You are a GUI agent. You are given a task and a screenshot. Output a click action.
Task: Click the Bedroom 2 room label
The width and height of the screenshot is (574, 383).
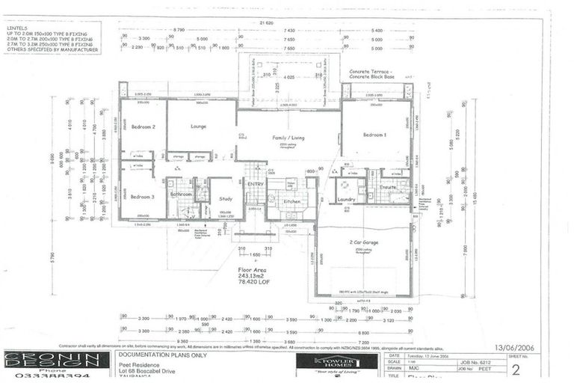pos(143,127)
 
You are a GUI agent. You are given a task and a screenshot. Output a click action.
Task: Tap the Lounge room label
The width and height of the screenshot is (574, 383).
pos(199,126)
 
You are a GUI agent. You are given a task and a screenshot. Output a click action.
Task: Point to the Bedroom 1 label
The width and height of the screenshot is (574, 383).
pos(374,135)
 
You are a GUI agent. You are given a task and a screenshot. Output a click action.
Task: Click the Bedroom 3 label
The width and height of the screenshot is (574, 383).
pos(142,197)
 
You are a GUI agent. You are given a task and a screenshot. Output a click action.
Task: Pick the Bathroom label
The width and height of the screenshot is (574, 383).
pos(181,194)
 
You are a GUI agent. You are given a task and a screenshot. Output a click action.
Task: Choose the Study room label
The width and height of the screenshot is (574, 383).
pos(226,199)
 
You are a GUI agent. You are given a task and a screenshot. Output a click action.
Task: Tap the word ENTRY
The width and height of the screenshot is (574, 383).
pos(256,183)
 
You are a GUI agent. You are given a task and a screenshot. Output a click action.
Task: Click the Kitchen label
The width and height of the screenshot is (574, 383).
pos(291,201)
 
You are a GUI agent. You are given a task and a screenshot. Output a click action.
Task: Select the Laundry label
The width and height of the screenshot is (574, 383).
pos(346,200)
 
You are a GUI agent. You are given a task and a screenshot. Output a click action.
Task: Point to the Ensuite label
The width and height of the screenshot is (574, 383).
pos(388,187)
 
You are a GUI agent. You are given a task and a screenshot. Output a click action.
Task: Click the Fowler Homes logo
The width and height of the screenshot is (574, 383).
pos(336,362)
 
